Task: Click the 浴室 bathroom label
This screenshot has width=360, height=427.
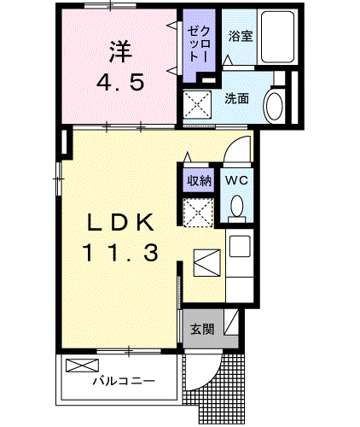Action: (241, 37)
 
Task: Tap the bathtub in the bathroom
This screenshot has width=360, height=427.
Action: (277, 37)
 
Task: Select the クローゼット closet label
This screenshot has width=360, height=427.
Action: (199, 44)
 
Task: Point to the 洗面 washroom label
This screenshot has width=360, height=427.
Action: (237, 98)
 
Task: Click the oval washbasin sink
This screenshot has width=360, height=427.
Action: (275, 105)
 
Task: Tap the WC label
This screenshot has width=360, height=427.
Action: (236, 180)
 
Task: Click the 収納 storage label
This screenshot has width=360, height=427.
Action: (200, 180)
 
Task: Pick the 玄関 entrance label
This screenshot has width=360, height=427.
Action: (202, 330)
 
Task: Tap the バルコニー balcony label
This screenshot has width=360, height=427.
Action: (124, 380)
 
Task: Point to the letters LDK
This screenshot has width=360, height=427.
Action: (120, 222)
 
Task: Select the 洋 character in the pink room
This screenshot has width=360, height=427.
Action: (120, 51)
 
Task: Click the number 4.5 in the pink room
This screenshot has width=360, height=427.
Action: (119, 83)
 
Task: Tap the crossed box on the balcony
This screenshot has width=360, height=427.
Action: (82, 366)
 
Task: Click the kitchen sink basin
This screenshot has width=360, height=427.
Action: (240, 246)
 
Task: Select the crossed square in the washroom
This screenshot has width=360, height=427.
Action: (198, 104)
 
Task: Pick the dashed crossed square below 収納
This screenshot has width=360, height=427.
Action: (198, 213)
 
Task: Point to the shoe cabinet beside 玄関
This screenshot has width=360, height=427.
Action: (231, 322)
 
